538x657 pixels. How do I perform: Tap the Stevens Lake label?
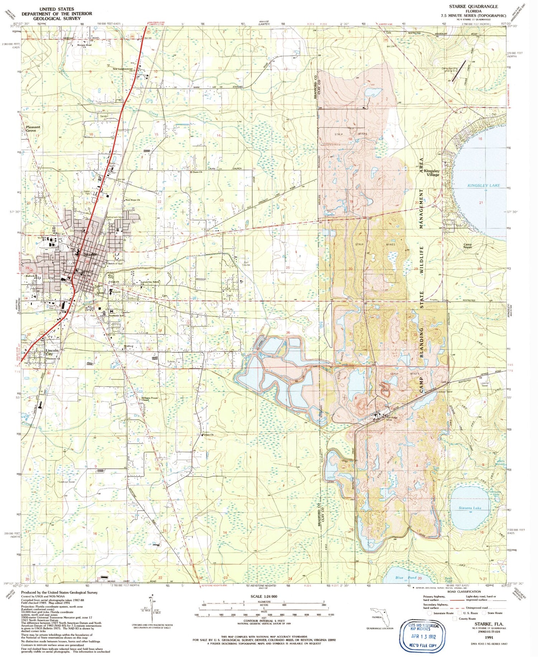point(470,508)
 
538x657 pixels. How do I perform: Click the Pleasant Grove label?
point(33,129)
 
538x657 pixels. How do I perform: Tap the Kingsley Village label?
point(431,173)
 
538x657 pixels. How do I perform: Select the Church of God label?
point(115,264)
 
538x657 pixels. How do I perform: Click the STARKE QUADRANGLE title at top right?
point(473,6)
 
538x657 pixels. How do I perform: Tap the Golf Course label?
point(247,263)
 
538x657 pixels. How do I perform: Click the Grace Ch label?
point(208,435)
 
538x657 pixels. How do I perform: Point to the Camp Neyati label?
point(467,246)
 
